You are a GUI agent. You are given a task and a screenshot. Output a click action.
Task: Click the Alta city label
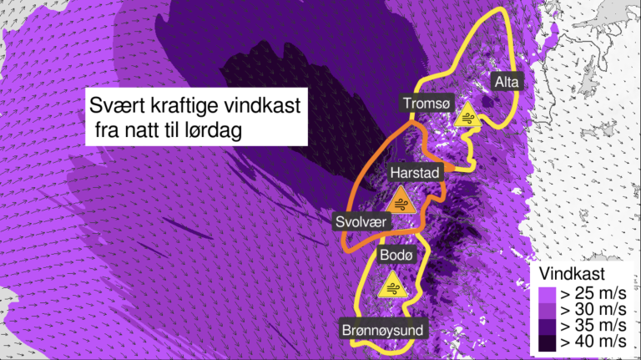[507, 82]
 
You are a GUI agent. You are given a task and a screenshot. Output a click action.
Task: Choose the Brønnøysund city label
[383, 330]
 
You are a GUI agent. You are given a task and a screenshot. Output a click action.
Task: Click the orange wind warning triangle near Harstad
[403, 201]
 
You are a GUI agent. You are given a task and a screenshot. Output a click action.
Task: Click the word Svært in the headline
[115, 107]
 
